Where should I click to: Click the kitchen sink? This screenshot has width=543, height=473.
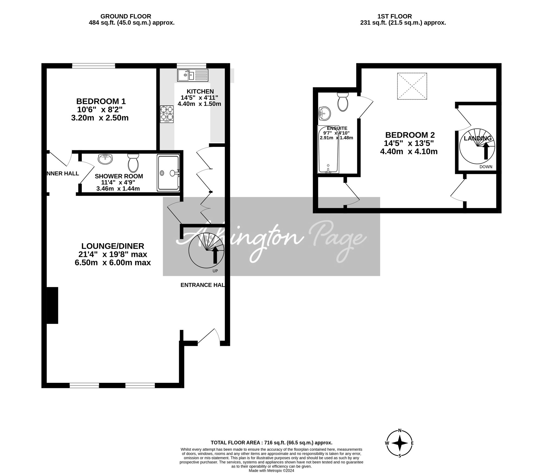[x=193, y=75]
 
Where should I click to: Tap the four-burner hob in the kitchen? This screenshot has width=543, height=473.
[x=167, y=114]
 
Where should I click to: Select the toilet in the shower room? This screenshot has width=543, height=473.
[x=133, y=162]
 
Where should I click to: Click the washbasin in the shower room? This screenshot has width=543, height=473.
[x=105, y=159]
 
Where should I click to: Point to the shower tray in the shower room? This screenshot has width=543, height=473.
[x=168, y=173]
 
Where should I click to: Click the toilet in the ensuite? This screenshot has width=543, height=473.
[x=343, y=102]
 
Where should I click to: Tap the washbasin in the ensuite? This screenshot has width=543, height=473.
[x=324, y=113]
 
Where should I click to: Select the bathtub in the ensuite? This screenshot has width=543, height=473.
[x=328, y=149]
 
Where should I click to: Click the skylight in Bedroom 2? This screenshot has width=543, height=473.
[x=412, y=86]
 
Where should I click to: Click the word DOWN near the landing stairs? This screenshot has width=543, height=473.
[x=486, y=167]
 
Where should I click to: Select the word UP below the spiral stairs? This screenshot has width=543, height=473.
[x=215, y=271]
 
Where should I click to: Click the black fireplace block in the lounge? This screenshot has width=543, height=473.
[x=52, y=305]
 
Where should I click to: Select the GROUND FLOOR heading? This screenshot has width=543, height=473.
[x=126, y=16]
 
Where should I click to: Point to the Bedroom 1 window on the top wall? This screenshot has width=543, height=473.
[x=94, y=66]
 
